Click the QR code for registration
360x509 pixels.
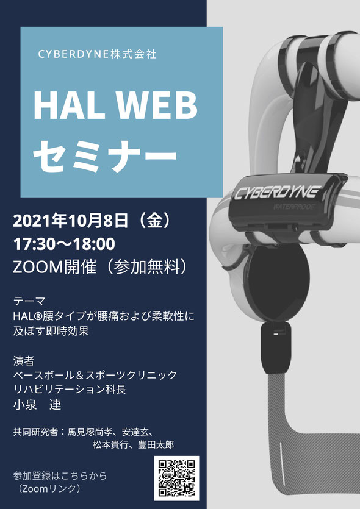pyautogui.click(x=176, y=478)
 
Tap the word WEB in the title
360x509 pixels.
pyautogui.click(x=157, y=106)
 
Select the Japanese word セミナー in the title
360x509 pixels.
pyautogui.click(x=105, y=157)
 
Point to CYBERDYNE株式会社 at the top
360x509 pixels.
pyautogui.click(x=98, y=54)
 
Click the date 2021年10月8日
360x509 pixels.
pyautogui.click(x=71, y=221)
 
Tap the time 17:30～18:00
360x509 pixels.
pyautogui.click(x=64, y=244)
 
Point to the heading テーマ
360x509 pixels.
pyautogui.click(x=29, y=301)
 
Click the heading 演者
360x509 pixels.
pyautogui.click(x=24, y=361)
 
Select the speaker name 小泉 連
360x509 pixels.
pyautogui.click(x=37, y=405)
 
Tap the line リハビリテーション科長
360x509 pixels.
pyautogui.click(x=70, y=389)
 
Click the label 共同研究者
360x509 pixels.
pyautogui.click(x=35, y=432)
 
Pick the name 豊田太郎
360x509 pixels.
pyautogui.click(x=156, y=444)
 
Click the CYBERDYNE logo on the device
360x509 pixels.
pyautogui.click(x=277, y=193)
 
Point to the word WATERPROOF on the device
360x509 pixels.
pyautogui.click(x=294, y=207)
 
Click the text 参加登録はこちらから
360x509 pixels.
pyautogui.click(x=60, y=476)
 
